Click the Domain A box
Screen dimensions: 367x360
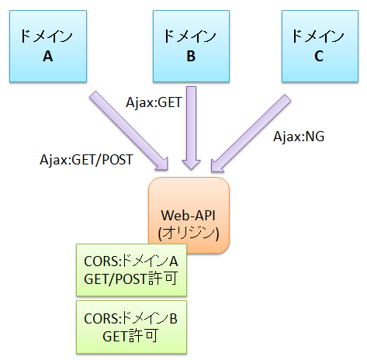(x=48, y=47)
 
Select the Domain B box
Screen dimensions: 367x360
(x=191, y=47)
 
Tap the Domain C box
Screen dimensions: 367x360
(x=320, y=47)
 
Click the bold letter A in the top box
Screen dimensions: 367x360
(x=48, y=56)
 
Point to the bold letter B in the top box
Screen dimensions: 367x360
(x=191, y=56)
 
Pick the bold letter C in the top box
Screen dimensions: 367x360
(x=319, y=56)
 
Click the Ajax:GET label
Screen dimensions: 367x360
(x=154, y=102)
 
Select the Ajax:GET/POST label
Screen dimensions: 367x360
(x=86, y=160)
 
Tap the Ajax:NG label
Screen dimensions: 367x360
(x=299, y=137)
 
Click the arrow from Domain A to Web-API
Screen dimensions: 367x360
(x=129, y=130)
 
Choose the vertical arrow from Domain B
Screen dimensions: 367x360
(x=192, y=128)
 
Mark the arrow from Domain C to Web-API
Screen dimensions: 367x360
(x=251, y=133)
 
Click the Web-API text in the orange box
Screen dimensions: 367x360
(x=189, y=216)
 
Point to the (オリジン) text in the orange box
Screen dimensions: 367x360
(x=189, y=234)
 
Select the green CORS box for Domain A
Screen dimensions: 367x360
(x=131, y=270)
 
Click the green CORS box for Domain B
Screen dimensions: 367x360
(x=131, y=327)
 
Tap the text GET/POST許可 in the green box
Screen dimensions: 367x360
(x=131, y=279)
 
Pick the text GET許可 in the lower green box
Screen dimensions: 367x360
(x=130, y=336)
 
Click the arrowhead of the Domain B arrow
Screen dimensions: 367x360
(x=192, y=164)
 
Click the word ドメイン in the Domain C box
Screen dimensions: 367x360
(x=318, y=36)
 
